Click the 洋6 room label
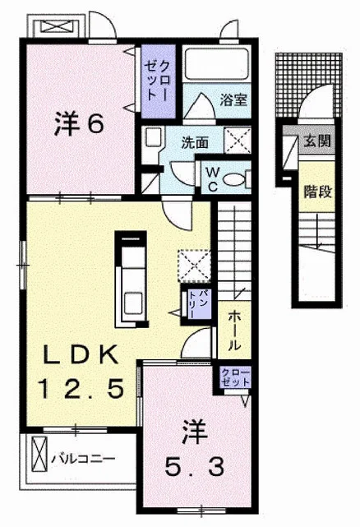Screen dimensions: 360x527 [79, 124]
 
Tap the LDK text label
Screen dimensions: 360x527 [81, 355]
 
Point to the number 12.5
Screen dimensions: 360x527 [81, 388]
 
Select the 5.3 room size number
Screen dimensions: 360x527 [194, 467]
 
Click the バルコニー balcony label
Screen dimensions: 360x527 [83, 459]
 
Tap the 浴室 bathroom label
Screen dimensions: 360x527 [233, 99]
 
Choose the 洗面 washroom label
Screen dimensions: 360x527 [195, 143]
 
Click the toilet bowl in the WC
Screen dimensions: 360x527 [234, 179]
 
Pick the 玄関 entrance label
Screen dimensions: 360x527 [317, 141]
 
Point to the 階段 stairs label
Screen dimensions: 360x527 [317, 192]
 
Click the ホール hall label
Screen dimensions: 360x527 [234, 331]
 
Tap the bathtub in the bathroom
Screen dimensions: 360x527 [217, 64]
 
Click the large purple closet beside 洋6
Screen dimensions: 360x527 [159, 81]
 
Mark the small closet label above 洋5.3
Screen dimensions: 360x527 [235, 377]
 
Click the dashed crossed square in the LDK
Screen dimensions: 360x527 [194, 266]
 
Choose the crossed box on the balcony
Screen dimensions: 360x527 [39, 454]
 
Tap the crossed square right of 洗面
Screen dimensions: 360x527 [238, 140]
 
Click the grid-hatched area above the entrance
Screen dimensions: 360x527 [308, 85]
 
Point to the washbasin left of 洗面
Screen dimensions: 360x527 [152, 138]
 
